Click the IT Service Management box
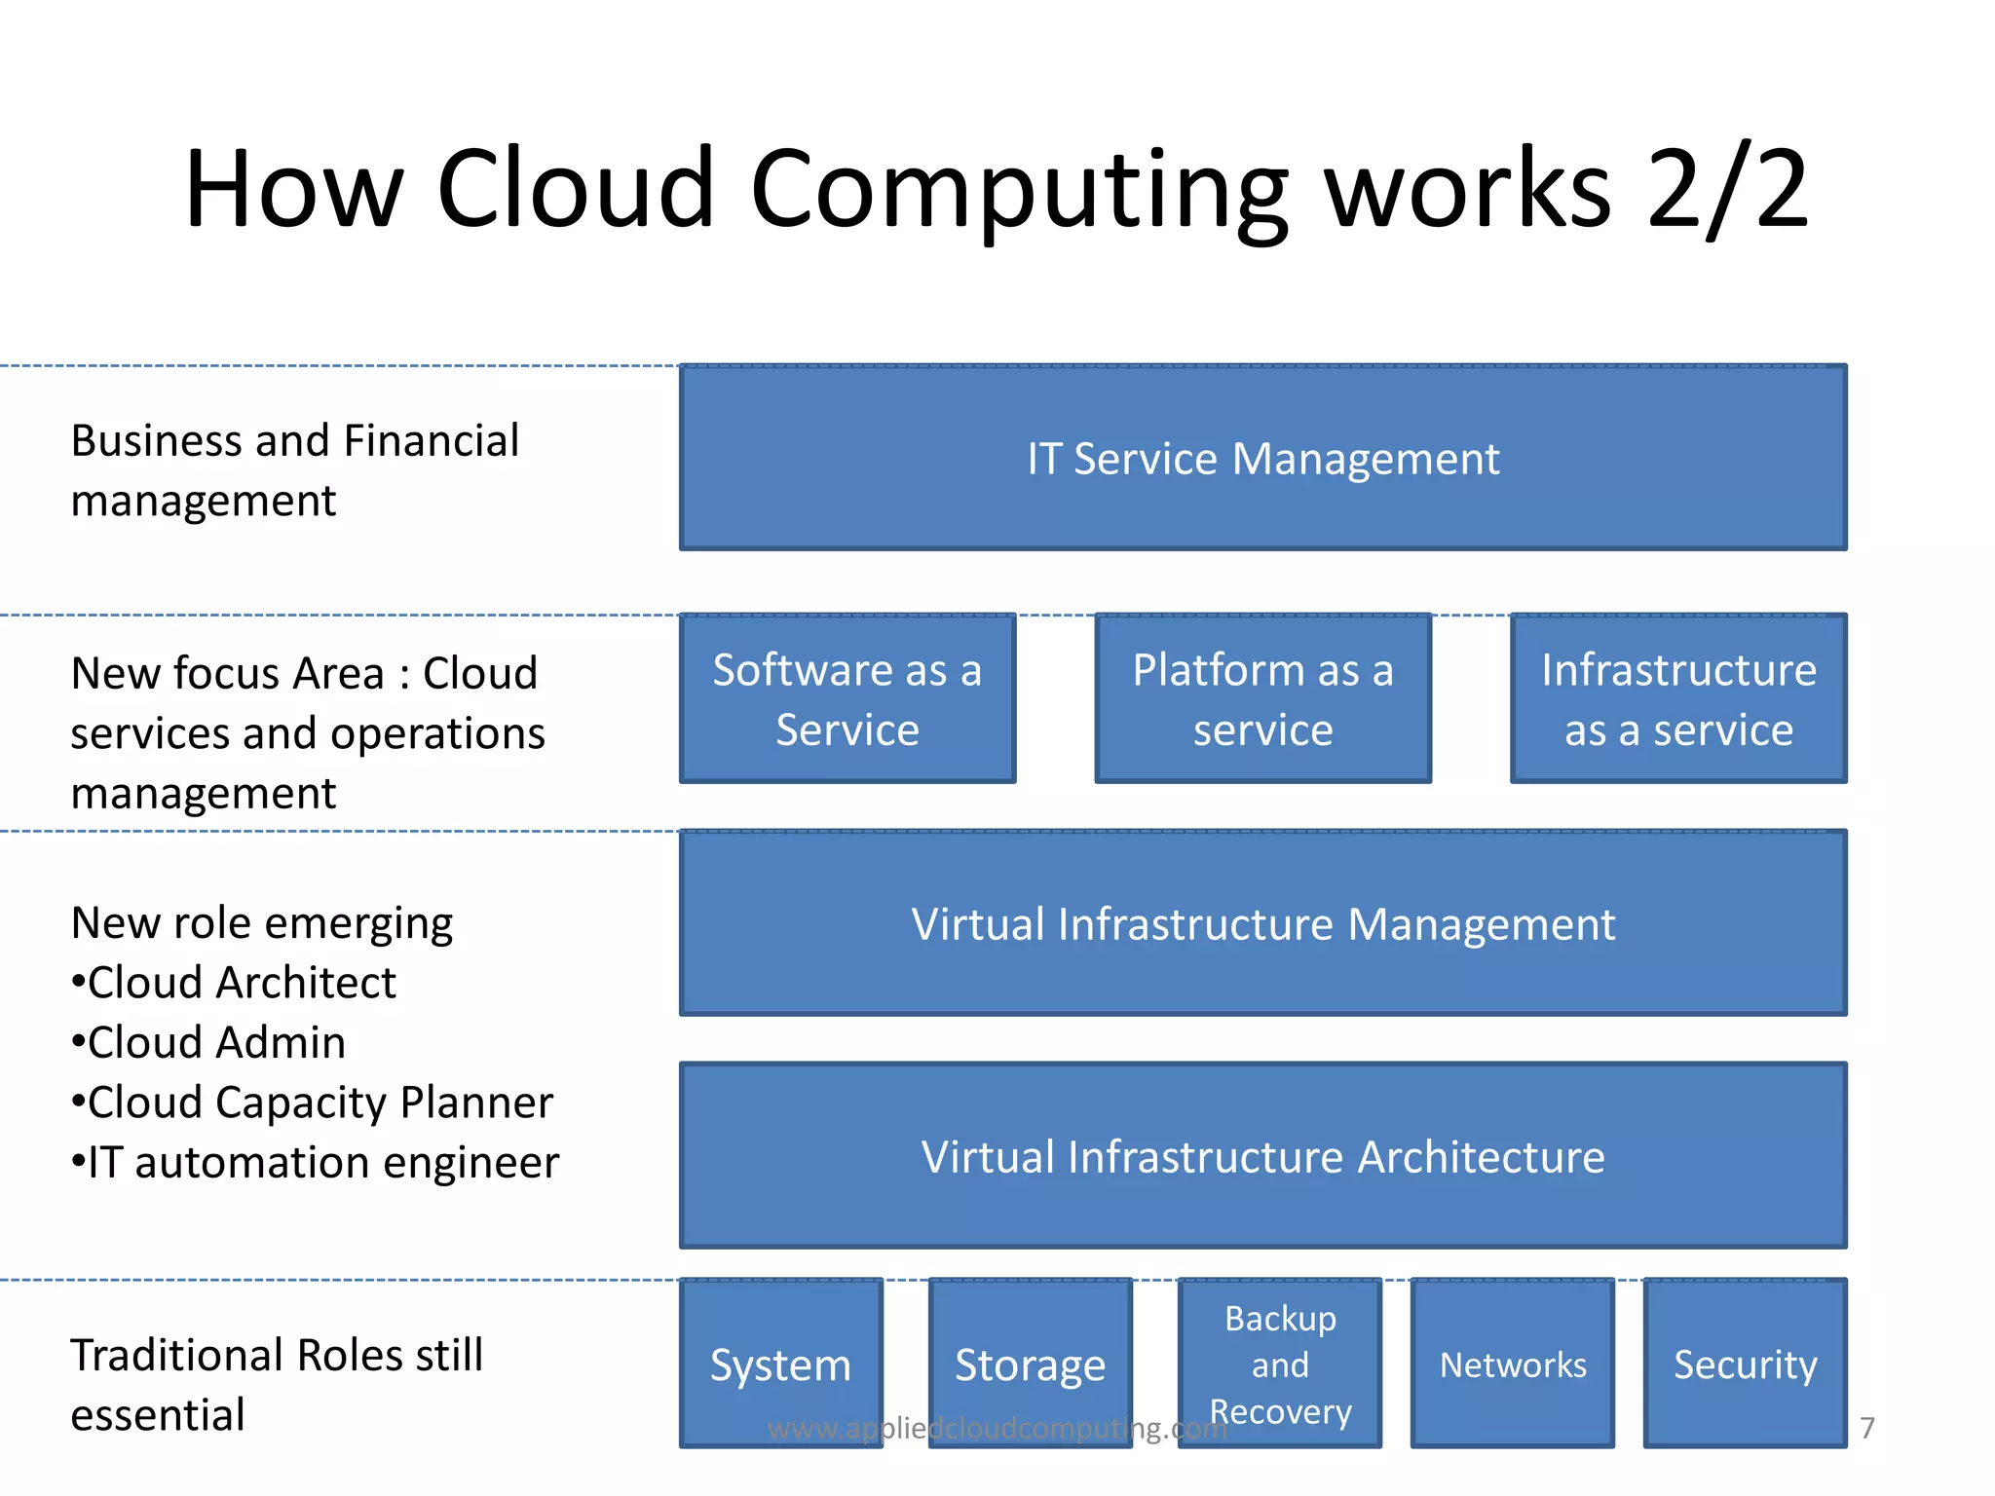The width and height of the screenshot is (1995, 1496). [1262, 458]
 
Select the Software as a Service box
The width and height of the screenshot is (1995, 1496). [847, 698]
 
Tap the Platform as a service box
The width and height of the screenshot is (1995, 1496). [1262, 698]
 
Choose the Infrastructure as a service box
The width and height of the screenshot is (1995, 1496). [1677, 698]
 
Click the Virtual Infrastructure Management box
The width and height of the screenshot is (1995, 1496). [1262, 923]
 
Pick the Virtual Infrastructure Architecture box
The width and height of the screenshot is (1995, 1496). [1262, 1156]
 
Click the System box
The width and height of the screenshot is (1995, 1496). [781, 1363]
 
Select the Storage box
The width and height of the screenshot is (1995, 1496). [1030, 1363]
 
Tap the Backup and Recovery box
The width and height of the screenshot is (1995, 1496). [1280, 1363]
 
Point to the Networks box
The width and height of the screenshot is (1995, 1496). [1513, 1363]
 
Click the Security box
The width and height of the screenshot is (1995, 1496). [1745, 1363]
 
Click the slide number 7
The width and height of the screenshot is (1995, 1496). [1866, 1428]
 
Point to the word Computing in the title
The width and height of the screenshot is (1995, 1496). [1019, 190]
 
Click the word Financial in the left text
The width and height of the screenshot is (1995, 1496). [431, 441]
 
